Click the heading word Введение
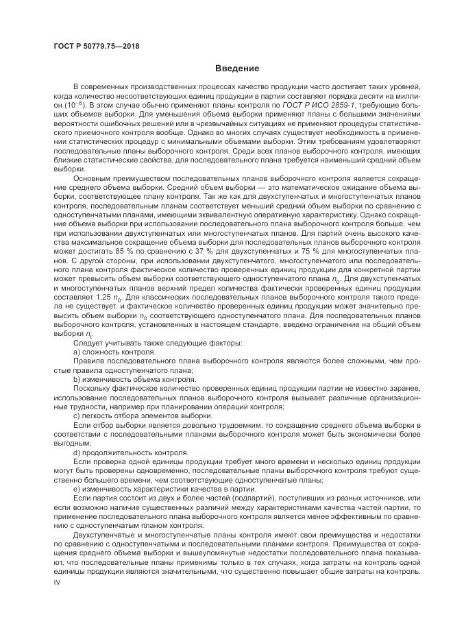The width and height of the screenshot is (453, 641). point(236,69)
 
